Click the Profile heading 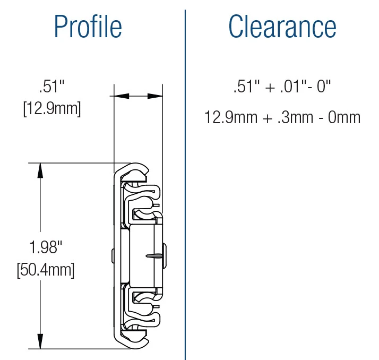[88, 27]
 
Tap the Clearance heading [282, 27]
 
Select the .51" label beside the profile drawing [51, 86]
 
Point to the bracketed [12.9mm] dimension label [51, 109]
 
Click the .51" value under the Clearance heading [245, 87]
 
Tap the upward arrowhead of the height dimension [40, 170]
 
